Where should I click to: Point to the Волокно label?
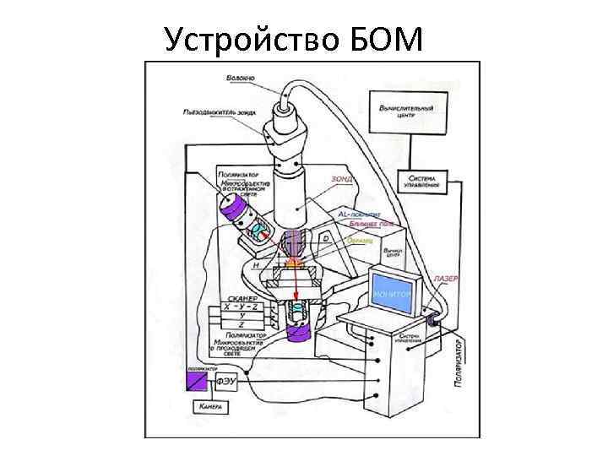click(x=242, y=79)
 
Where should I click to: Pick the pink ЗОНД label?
click(x=342, y=179)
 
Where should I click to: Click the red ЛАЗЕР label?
click(x=445, y=279)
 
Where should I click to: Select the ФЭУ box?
click(x=228, y=382)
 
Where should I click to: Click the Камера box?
click(x=210, y=407)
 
